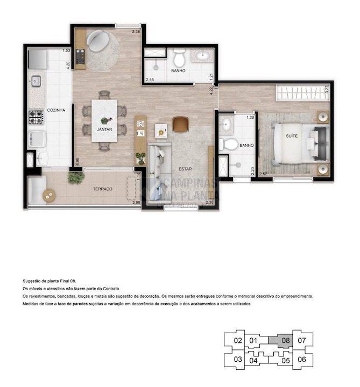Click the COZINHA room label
click(56, 110)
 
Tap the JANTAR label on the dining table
click(104, 130)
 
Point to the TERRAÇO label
click(101, 190)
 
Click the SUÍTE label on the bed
click(292, 137)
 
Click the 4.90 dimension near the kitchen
click(77, 161)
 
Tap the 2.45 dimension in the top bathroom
click(151, 80)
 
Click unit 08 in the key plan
click(285, 340)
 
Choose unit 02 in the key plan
click(237, 340)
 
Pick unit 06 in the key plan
click(301, 359)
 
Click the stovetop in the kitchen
click(36, 116)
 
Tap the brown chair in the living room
click(180, 124)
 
